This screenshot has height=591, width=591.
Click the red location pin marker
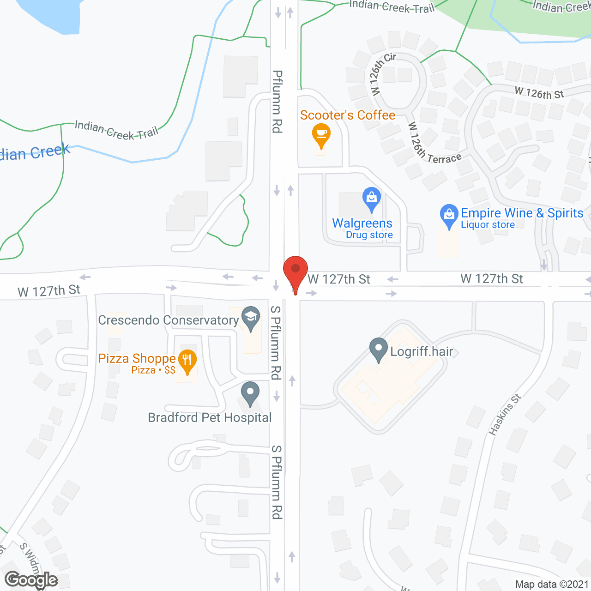pyautogui.click(x=295, y=270)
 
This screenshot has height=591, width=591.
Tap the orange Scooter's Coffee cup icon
pyautogui.click(x=321, y=134)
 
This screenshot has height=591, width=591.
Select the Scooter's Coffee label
pyautogui.click(x=348, y=115)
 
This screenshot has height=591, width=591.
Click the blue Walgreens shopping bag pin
pyautogui.click(x=372, y=198)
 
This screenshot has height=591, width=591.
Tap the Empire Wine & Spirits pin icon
pyautogui.click(x=449, y=215)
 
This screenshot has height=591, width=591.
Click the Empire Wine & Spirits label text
pyautogui.click(x=522, y=213)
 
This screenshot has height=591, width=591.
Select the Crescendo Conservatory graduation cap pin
pyautogui.click(x=251, y=317)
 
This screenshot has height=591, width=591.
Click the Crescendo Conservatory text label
pyautogui.click(x=169, y=320)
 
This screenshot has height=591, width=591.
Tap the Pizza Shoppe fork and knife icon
pyautogui.click(x=187, y=360)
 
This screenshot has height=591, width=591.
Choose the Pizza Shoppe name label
pyautogui.click(x=137, y=358)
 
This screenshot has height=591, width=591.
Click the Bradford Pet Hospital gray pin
pyautogui.click(x=250, y=393)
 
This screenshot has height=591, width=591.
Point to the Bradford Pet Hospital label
pyautogui.click(x=210, y=417)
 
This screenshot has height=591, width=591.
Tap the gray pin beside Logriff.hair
pyautogui.click(x=379, y=349)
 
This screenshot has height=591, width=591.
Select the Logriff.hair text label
pyautogui.click(x=422, y=352)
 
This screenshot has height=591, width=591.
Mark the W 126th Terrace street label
pyautogui.click(x=434, y=144)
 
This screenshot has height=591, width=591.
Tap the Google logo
pyautogui.click(x=31, y=580)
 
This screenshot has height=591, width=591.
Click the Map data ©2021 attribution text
pyautogui.click(x=552, y=585)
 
